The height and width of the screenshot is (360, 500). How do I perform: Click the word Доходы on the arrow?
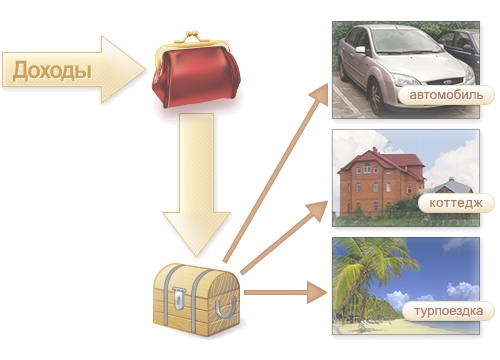[x=52, y=71]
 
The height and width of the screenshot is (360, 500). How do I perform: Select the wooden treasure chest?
[x=197, y=299]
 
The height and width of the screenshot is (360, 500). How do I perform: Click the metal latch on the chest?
[x=180, y=299]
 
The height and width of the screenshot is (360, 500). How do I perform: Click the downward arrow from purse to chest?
[x=196, y=185]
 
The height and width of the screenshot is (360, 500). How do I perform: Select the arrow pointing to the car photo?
[x=276, y=173]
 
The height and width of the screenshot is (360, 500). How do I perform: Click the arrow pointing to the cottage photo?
[x=284, y=237]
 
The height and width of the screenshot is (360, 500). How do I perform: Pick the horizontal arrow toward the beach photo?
[x=286, y=292]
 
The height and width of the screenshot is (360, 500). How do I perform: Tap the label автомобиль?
[x=446, y=95]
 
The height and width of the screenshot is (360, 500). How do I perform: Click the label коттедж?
[x=456, y=203]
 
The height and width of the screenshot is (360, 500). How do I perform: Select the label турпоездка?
[x=449, y=311]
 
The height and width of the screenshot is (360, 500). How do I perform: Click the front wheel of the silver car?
[x=377, y=97]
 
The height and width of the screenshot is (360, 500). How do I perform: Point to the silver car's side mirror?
[x=361, y=50]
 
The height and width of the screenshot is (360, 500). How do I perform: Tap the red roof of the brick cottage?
[x=383, y=161]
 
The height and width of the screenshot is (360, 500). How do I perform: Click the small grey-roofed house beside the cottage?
[x=452, y=187]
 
